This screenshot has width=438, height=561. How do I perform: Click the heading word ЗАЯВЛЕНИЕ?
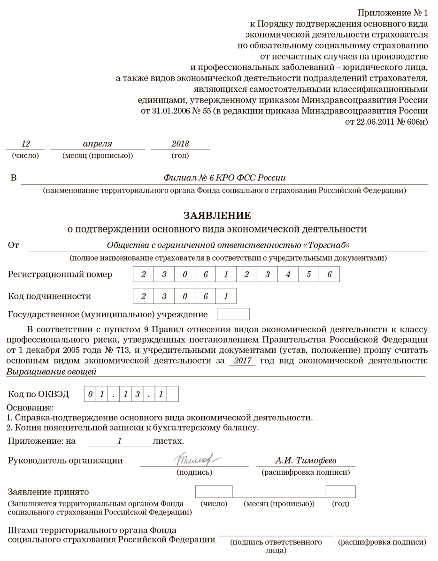[217, 215]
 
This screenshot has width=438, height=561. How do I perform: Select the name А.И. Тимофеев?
[305, 460]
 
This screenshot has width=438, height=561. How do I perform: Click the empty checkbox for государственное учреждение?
[233, 314]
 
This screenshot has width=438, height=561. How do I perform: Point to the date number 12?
[26, 143]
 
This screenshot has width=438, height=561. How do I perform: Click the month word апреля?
[98, 143]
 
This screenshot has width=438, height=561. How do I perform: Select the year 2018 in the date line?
[180, 143]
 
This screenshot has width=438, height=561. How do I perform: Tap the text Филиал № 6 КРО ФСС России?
[224, 178]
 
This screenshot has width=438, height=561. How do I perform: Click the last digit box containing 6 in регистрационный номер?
[329, 275]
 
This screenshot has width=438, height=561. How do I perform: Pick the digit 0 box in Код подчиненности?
[184, 296]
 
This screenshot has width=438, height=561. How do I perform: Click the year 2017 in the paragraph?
[242, 360]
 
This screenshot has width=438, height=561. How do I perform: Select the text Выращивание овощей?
[52, 372]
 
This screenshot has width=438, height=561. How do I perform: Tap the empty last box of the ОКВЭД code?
[173, 394]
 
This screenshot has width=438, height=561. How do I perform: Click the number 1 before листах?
[120, 441]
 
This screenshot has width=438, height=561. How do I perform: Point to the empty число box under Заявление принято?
[214, 491]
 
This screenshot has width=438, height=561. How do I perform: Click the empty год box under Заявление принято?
[340, 491]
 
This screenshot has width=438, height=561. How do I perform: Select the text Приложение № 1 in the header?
[392, 12]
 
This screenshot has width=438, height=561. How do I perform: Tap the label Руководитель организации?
[65, 460]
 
